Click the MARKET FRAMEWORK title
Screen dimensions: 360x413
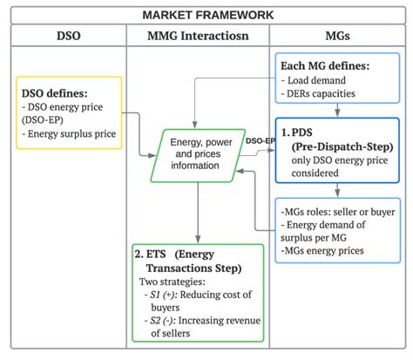pos(207,15)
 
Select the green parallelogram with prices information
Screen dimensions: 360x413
pos(198,153)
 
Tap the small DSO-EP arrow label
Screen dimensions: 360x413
pos(261,140)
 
